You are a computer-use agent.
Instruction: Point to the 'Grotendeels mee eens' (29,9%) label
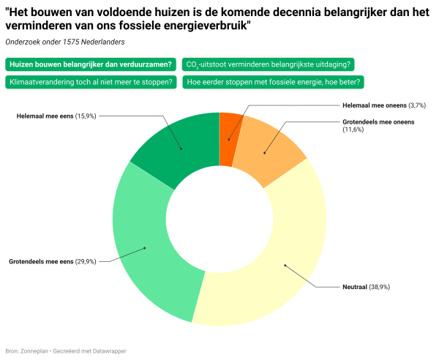click(x=52, y=261)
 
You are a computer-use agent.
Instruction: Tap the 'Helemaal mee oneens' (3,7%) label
click(x=384, y=105)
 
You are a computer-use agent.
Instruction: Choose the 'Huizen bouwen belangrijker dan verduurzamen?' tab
click(x=91, y=64)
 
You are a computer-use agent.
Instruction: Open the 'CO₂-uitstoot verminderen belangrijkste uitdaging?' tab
click(x=268, y=64)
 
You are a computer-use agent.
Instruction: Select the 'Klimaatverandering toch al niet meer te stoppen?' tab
click(x=91, y=82)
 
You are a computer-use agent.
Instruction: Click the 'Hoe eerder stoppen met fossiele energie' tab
click(x=274, y=82)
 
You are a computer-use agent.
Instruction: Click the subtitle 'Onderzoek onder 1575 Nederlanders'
click(x=59, y=42)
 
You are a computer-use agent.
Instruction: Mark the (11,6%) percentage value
click(x=355, y=130)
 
